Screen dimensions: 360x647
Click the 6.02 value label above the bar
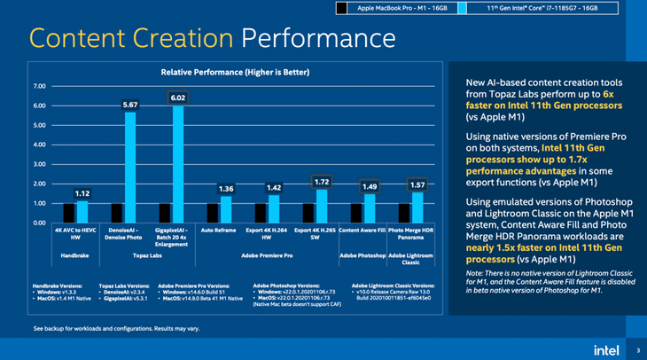tap(178, 98)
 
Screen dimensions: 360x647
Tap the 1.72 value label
tap(322, 181)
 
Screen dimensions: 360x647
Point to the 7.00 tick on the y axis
tap(38, 87)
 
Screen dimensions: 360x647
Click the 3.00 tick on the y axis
tap(38, 164)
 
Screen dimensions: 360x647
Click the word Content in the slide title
tap(87, 38)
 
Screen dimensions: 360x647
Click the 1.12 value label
tap(82, 192)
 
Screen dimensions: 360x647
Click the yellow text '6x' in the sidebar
tap(608, 93)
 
